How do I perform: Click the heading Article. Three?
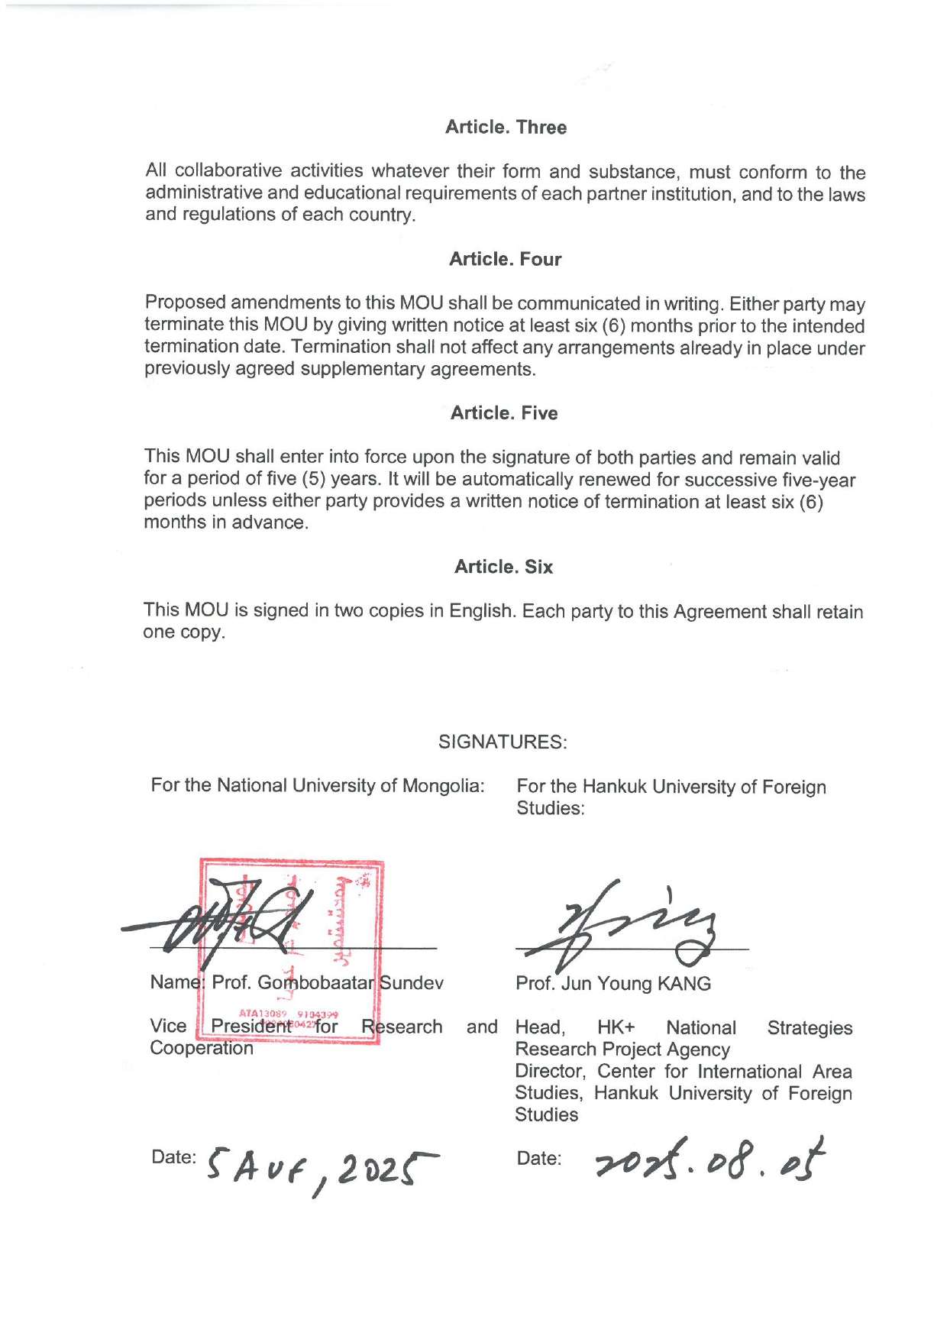pyautogui.click(x=506, y=128)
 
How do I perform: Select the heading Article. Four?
pyautogui.click(x=505, y=260)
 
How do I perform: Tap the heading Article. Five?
pyautogui.click(x=504, y=413)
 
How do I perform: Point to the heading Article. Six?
pyautogui.click(x=503, y=567)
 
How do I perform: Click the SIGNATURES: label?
pyautogui.click(x=503, y=742)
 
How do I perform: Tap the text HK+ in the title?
pyautogui.click(x=616, y=1028)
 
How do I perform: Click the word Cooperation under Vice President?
pyautogui.click(x=202, y=1048)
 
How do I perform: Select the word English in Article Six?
pyautogui.click(x=479, y=611)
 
